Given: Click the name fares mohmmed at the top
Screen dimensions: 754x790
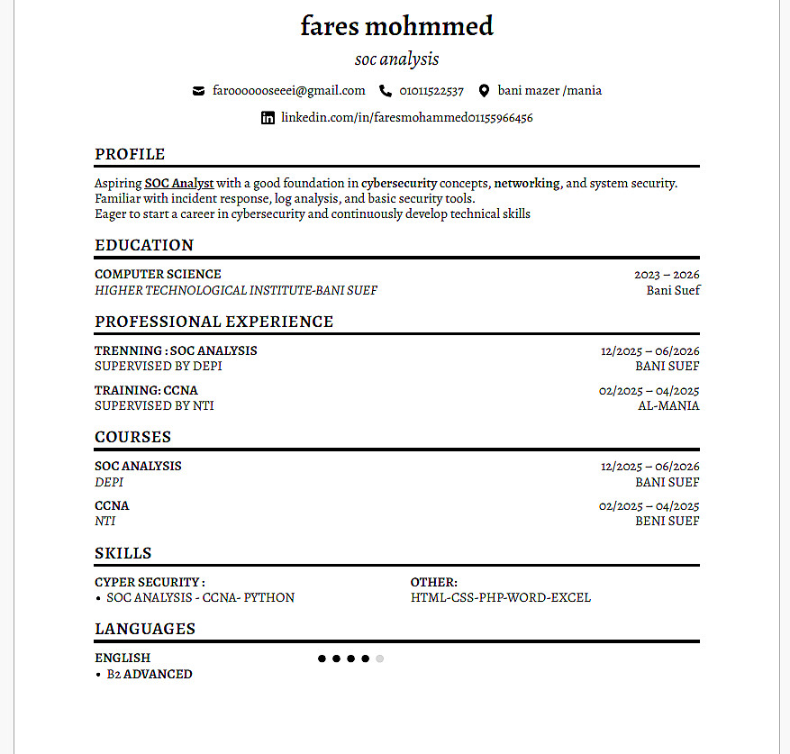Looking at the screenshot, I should click(396, 26).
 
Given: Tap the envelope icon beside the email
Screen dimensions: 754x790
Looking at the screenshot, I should click(198, 90).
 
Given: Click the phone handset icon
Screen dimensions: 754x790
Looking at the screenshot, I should click(386, 90).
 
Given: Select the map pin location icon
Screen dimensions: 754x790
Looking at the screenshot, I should click(484, 90).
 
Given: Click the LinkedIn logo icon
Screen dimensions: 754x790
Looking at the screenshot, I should click(268, 117).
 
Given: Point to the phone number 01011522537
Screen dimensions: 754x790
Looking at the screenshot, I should click(431, 90).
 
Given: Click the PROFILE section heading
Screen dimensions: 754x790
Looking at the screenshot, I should click(130, 154).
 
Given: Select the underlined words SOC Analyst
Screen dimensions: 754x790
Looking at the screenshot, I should click(179, 183).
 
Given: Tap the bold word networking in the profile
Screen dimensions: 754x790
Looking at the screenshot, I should click(527, 183).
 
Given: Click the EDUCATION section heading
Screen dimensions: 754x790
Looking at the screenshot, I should click(144, 245).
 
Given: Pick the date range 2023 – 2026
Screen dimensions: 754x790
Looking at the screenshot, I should click(667, 275).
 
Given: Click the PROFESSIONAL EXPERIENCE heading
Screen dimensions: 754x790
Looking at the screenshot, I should click(213, 322).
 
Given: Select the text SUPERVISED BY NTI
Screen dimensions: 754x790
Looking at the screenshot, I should click(154, 405).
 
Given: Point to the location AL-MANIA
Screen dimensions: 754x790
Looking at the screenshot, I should click(668, 405).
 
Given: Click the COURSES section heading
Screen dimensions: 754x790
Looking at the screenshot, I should click(132, 437).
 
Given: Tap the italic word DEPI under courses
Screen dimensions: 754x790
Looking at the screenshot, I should click(109, 482).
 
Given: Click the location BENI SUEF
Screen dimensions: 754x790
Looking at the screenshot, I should click(667, 521).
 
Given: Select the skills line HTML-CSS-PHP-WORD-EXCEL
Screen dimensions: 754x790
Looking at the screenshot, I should click(501, 597).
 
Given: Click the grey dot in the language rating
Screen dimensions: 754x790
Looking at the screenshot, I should click(379, 659).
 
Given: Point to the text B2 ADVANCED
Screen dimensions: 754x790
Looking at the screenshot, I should click(150, 674).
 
